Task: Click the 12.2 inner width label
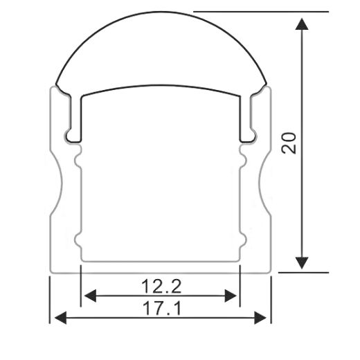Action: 161,285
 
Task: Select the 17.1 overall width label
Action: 161,308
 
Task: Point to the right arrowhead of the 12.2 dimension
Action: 233,296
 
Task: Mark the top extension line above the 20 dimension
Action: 260,12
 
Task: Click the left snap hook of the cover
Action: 72,132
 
